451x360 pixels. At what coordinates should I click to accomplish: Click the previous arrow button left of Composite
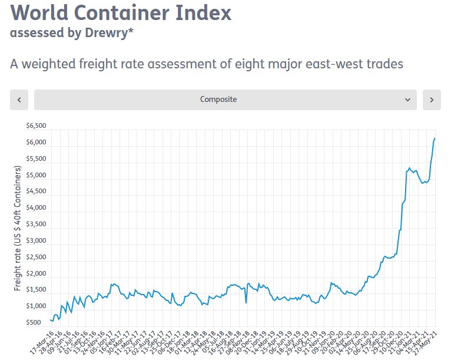pyautogui.click(x=19, y=100)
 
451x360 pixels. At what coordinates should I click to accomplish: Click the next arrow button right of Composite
pyautogui.click(x=432, y=100)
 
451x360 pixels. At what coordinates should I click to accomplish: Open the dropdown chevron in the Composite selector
pyautogui.click(x=407, y=100)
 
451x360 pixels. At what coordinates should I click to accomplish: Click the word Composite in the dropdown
pyautogui.click(x=218, y=100)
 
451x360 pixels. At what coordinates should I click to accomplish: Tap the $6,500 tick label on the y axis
pyautogui.click(x=36, y=126)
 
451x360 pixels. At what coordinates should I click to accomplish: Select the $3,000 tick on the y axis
pyautogui.click(x=36, y=240)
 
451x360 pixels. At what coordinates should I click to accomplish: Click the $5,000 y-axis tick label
pyautogui.click(x=36, y=175)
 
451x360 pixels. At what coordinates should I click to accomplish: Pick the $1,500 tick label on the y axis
pyautogui.click(x=36, y=290)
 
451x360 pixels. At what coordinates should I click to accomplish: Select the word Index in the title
pyautogui.click(x=205, y=12)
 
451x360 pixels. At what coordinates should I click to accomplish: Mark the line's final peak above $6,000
pyautogui.click(x=435, y=138)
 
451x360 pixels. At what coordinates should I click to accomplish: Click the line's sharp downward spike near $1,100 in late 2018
pyautogui.click(x=246, y=302)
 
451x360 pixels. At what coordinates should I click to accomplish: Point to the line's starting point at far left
pyautogui.click(x=50, y=319)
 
